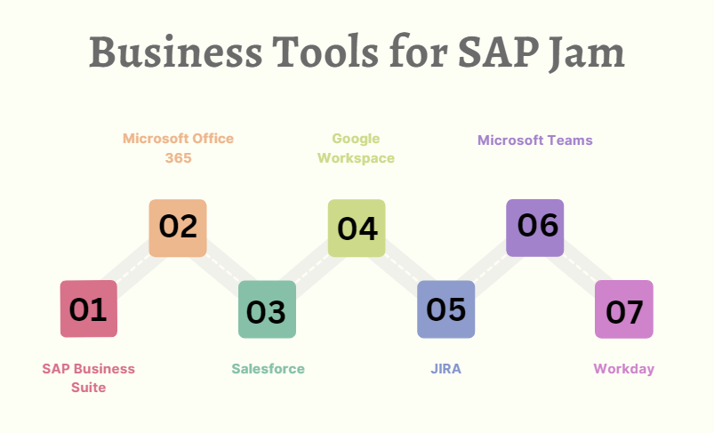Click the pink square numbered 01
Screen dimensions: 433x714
tap(89, 309)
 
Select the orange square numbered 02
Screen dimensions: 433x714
tap(178, 228)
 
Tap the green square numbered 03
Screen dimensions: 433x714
tap(267, 309)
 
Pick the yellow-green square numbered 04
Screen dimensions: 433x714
tap(357, 228)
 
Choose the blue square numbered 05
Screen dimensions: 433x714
tap(445, 309)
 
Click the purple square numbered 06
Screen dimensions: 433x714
tap(535, 228)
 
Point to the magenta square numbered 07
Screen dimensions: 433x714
tap(624, 309)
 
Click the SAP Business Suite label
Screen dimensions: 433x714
tap(89, 378)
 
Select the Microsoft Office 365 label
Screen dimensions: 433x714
tap(178, 148)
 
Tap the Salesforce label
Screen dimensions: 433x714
tap(268, 369)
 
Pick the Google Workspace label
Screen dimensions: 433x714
tap(356, 148)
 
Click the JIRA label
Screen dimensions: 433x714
tap(445, 369)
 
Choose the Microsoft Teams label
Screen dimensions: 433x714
tap(535, 140)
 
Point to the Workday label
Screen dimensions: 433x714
tap(624, 369)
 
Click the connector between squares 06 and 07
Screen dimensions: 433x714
tap(580, 269)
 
